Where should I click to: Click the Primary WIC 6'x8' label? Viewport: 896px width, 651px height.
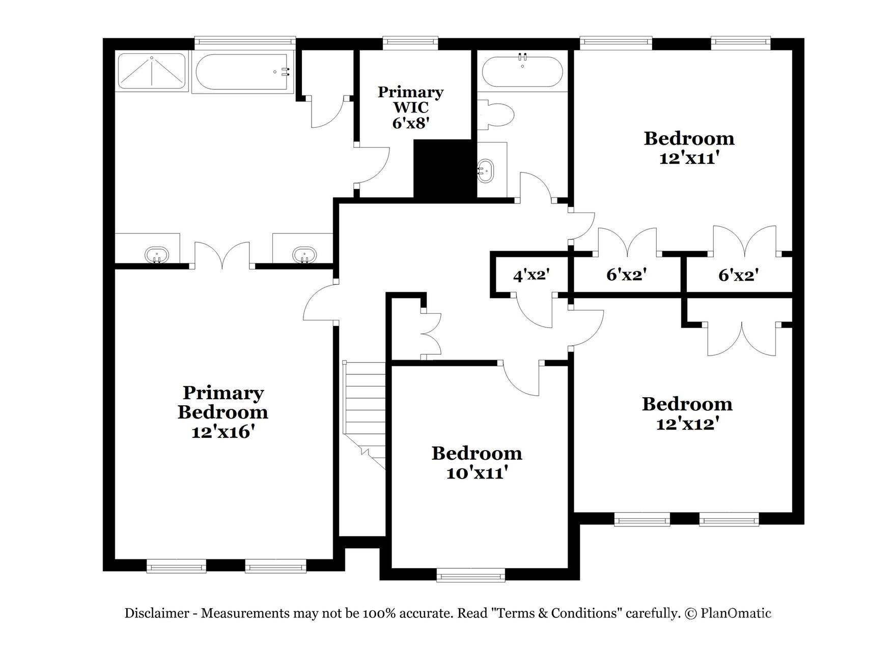(x=410, y=107)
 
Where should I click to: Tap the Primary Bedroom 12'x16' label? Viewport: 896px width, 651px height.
(x=222, y=412)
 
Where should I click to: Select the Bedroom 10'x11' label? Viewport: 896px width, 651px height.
(x=477, y=463)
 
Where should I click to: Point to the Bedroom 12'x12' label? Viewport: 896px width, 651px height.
(x=687, y=413)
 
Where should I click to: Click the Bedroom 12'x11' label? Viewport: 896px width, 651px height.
(x=689, y=148)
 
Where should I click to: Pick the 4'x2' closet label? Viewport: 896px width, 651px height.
(x=531, y=276)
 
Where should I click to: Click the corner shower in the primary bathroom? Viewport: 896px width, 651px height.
(x=152, y=71)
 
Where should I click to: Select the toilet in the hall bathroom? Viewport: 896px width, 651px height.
(x=496, y=115)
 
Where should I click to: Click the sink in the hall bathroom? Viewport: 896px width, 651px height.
(x=485, y=171)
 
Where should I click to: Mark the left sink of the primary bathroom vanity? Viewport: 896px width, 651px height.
(x=156, y=254)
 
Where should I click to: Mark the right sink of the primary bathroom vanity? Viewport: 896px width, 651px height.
(x=304, y=254)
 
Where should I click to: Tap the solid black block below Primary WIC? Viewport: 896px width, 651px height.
(x=444, y=169)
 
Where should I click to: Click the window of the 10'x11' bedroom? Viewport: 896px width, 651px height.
(x=471, y=576)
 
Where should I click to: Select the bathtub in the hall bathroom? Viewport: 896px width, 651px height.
(x=522, y=72)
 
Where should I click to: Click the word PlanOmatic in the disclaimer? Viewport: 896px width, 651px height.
(x=736, y=613)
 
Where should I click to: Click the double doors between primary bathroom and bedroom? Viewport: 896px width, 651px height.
(x=222, y=256)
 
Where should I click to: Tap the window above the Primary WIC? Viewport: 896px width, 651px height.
(x=410, y=43)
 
